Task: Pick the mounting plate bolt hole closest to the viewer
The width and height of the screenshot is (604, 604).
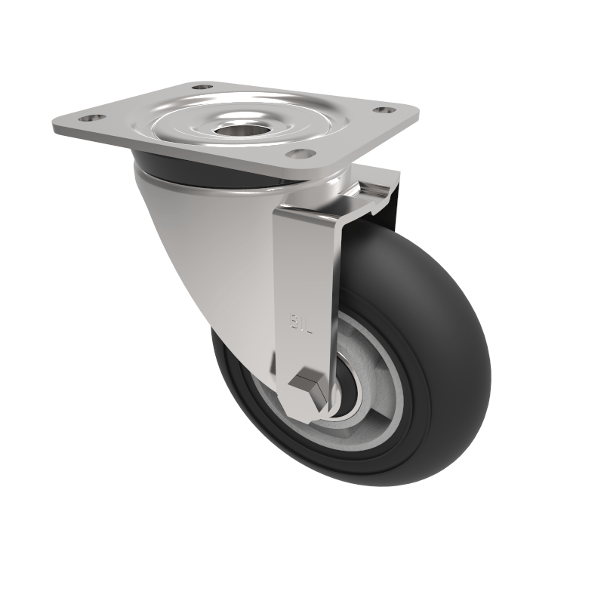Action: (x=301, y=153)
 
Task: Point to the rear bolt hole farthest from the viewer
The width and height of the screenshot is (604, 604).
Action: (x=202, y=87)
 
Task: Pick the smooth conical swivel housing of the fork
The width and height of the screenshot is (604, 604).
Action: (x=204, y=242)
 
